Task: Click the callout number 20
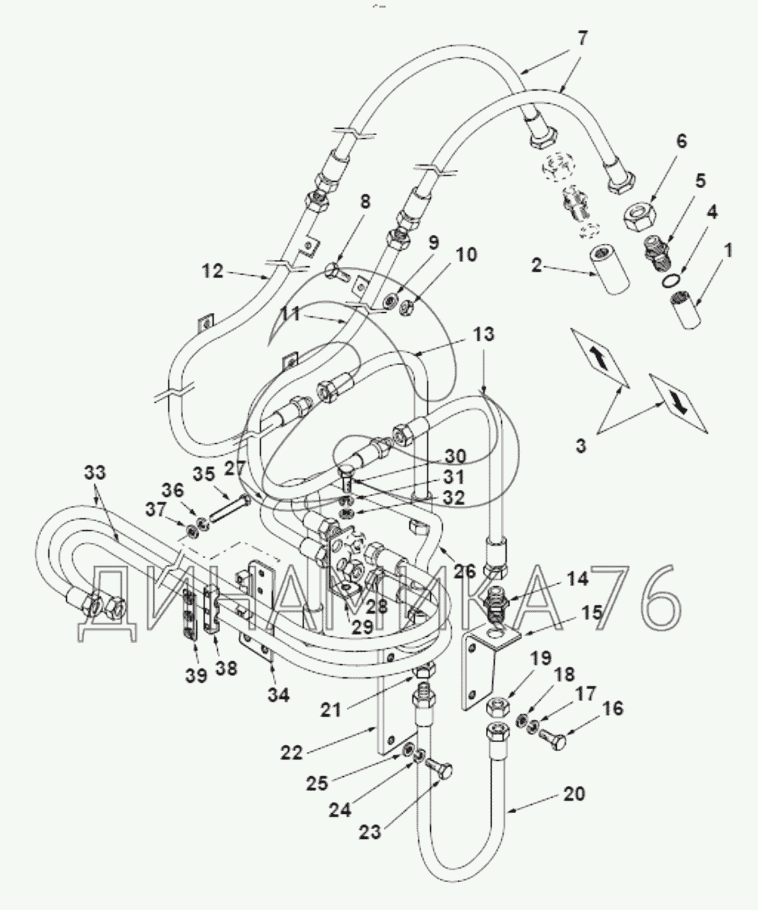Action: [x=574, y=794]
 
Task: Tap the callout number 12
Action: [x=213, y=270]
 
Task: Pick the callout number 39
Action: [x=197, y=675]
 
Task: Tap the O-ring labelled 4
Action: [x=670, y=279]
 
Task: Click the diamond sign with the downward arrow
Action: [x=678, y=403]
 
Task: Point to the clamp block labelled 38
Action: [x=212, y=610]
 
